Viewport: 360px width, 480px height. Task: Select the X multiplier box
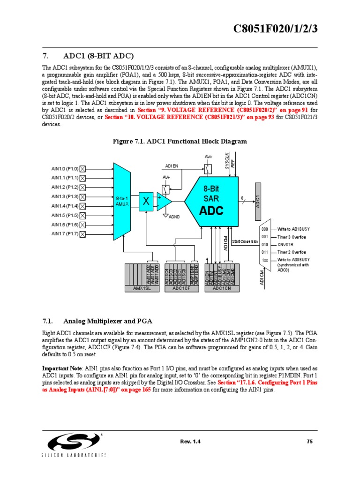[x=146, y=201]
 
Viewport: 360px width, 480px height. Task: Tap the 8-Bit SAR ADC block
[x=211, y=200]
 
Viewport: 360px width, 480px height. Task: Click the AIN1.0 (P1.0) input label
[x=65, y=169]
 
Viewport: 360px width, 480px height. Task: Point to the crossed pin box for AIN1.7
[x=83, y=234]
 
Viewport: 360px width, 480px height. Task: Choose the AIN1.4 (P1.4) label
[x=65, y=206]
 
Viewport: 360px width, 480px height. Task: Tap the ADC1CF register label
[x=180, y=289]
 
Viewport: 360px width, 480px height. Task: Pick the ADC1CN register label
[x=222, y=289]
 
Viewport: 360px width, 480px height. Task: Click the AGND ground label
[x=174, y=217]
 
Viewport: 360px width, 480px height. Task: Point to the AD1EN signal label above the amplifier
[x=172, y=165]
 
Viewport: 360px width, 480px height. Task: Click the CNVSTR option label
[x=285, y=245]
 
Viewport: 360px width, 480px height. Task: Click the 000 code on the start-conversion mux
[x=265, y=229]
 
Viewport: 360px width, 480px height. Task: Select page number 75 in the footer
[x=309, y=442]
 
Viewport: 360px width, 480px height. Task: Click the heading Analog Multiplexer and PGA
[x=108, y=321]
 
